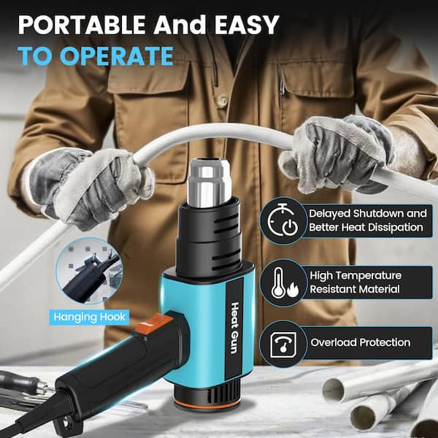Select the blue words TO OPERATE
click(96, 56)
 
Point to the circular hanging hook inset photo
click(87, 270)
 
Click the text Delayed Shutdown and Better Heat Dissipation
click(366, 220)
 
